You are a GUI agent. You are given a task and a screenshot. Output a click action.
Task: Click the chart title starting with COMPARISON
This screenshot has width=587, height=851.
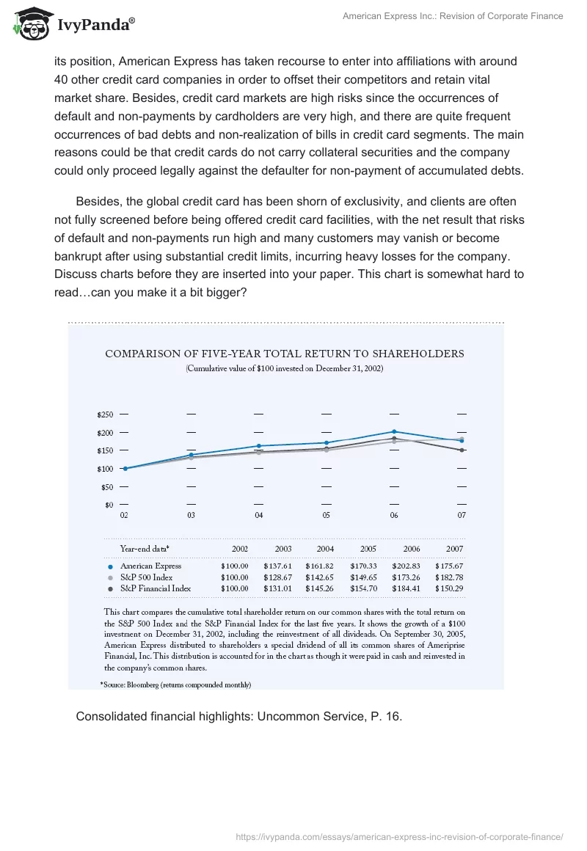(x=285, y=353)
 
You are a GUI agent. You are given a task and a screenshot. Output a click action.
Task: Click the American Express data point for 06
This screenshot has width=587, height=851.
(x=394, y=431)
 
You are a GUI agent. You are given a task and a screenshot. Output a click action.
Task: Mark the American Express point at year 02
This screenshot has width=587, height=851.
(x=125, y=468)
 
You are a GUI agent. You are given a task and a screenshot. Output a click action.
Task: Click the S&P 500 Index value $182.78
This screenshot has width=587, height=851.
(x=448, y=577)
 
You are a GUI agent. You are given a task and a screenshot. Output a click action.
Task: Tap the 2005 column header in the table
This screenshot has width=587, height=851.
(x=368, y=548)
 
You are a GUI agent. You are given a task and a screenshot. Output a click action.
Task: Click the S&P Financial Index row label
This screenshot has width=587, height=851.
(x=155, y=588)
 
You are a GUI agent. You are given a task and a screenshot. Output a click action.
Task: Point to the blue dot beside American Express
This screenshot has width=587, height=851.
(x=109, y=566)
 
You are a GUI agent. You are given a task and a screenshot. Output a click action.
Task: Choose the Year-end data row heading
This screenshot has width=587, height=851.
(x=144, y=548)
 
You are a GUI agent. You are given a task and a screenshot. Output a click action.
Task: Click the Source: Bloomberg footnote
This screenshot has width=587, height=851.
(x=176, y=684)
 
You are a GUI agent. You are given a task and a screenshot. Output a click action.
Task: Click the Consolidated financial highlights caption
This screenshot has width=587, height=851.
(x=239, y=716)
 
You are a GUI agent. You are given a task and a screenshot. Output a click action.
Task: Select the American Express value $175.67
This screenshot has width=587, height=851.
(x=448, y=566)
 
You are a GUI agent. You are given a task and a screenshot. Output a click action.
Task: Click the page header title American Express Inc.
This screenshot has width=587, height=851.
(x=453, y=16)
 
